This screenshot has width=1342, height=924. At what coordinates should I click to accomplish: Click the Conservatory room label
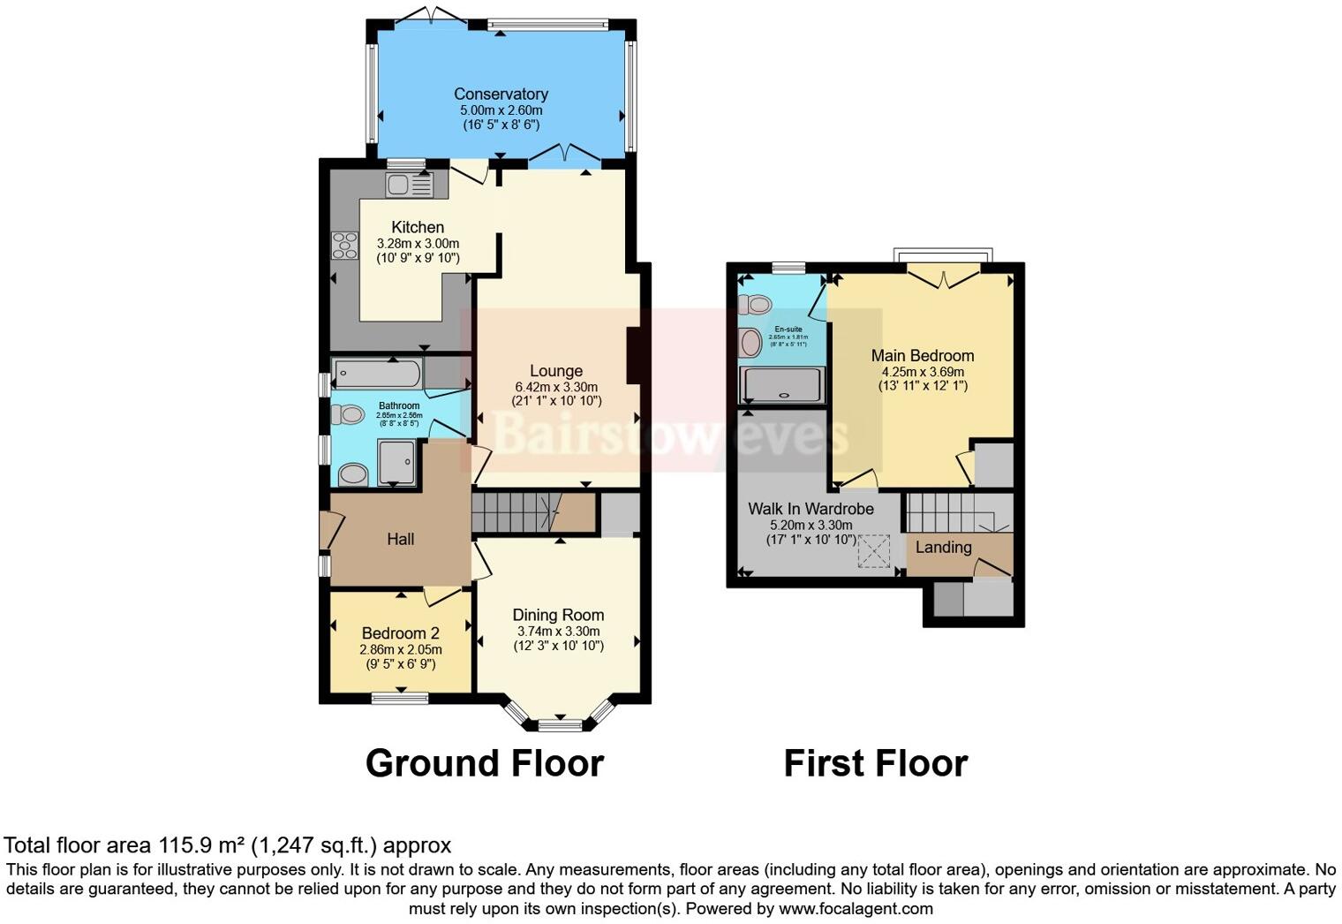coord(501,94)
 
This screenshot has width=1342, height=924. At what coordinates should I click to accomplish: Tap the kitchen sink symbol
coord(409,185)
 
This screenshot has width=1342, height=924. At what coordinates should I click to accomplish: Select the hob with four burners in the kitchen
coord(344,246)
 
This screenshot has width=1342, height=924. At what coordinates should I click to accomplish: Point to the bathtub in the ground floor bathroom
coord(378,374)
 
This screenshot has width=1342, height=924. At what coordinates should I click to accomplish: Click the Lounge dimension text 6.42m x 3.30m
coord(555,387)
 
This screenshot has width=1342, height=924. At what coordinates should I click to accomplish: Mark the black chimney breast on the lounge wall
coord(633,355)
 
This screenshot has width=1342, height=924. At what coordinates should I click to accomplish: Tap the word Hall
coord(400,539)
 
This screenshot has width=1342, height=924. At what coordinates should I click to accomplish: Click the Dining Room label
coord(558,615)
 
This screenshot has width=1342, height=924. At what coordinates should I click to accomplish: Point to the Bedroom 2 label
coord(400,633)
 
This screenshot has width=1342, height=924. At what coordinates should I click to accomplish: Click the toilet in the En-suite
coord(756,305)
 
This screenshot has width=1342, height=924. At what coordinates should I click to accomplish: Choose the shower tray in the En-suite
coord(781,385)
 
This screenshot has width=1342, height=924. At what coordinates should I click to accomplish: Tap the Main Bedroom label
coord(922,355)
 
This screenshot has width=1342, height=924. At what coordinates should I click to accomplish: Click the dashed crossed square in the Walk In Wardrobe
coord(874,551)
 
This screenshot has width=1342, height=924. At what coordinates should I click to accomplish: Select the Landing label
coord(943,548)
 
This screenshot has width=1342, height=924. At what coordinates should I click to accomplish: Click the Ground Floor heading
coord(484,763)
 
